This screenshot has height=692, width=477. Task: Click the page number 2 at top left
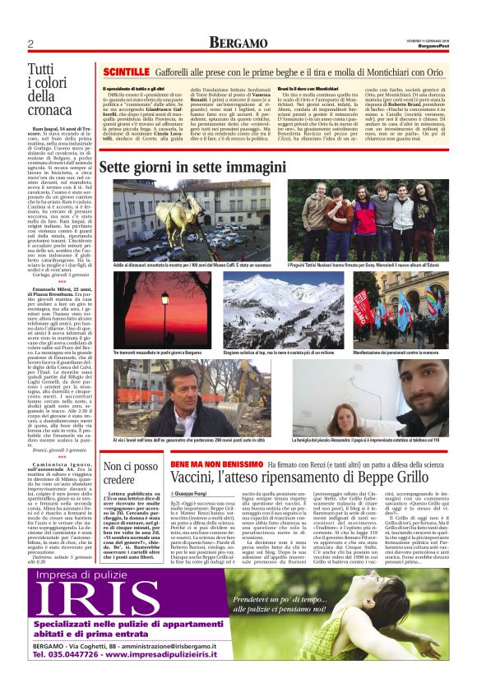click(30, 44)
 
